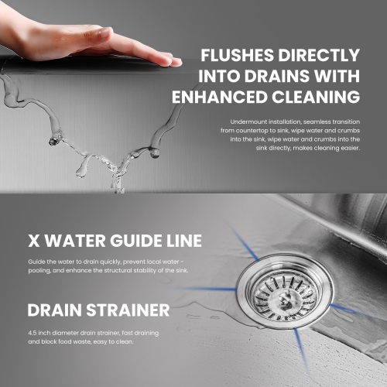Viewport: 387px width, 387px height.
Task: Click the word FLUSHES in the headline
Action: (x=238, y=55)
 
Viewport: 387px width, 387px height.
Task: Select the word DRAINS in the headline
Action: (x=277, y=76)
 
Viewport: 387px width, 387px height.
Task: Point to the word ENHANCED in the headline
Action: (x=219, y=97)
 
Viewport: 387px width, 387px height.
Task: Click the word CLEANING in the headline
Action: (x=316, y=97)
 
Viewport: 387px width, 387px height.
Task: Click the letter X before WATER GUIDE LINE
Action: (x=34, y=241)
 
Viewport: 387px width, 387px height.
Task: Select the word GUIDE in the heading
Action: (x=132, y=241)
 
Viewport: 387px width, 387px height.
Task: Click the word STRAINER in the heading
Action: (x=128, y=310)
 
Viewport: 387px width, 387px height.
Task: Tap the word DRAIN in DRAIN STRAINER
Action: (x=55, y=310)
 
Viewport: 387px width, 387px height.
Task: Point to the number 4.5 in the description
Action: (x=33, y=333)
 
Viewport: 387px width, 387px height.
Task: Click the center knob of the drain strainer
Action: (x=285, y=300)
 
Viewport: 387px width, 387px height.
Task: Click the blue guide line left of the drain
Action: (x=210, y=289)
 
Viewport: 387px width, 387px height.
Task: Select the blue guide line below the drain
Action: (x=302, y=351)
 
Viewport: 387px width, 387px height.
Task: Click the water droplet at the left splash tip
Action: (x=53, y=141)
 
